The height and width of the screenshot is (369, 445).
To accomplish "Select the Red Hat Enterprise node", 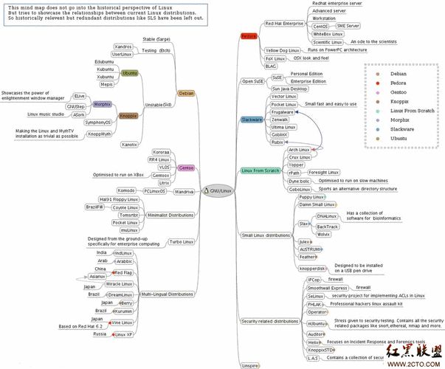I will pos(283,24).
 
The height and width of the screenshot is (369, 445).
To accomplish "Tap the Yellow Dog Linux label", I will pos(283,49).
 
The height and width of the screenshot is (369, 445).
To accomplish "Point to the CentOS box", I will pos(322,26).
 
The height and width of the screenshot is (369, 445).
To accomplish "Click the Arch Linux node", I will pos(300,149).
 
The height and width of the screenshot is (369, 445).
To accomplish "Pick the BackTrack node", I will pos(328,227).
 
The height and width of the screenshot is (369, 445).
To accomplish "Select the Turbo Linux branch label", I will pos(182,241).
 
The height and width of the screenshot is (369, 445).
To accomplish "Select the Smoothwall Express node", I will pos(328,287).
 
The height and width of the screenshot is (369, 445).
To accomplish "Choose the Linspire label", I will pos(250,365).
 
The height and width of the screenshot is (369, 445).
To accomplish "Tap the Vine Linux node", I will pos(120,323).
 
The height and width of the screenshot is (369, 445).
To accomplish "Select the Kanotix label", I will pos(130,145).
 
